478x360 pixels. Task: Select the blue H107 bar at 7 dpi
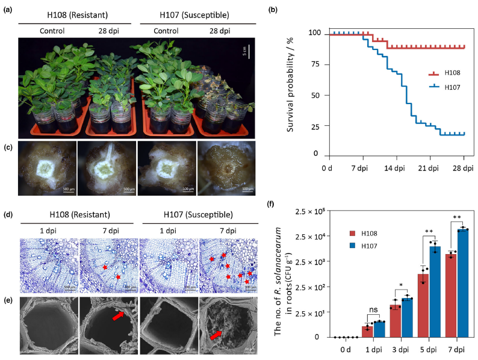click(x=462, y=283)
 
